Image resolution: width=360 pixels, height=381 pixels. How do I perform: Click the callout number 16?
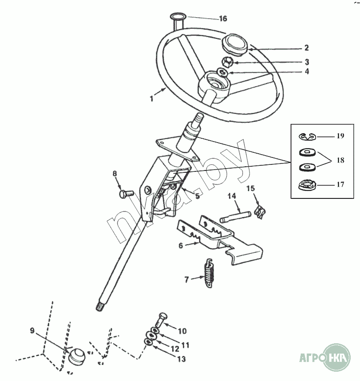(223, 19)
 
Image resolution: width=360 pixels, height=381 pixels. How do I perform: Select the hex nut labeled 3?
(228, 62)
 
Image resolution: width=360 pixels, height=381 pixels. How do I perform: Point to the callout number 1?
(152, 98)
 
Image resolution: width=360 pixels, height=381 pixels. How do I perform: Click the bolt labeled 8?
(126, 194)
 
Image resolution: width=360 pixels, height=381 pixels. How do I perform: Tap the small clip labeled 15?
(260, 212)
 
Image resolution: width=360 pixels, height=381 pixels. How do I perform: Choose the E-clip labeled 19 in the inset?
(307, 137)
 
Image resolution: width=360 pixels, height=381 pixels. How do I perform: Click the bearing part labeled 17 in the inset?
(307, 185)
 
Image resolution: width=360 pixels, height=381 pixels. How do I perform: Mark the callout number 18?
(340, 160)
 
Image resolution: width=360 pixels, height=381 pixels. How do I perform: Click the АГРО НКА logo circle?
(337, 357)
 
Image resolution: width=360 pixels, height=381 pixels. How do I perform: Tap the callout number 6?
(180, 245)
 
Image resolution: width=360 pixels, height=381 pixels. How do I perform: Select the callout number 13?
(181, 359)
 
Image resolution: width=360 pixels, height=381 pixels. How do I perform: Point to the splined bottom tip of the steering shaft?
(100, 308)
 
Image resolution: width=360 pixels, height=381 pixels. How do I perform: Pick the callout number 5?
(197, 196)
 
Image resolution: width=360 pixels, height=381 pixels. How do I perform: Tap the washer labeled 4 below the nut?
(222, 72)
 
